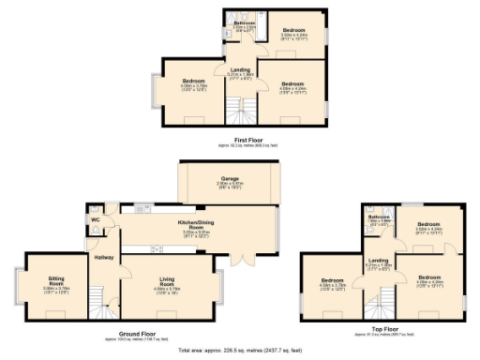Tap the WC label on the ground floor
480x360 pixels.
pos(97,220)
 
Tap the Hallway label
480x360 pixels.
pos(103,256)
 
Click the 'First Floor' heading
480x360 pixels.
pos(247,140)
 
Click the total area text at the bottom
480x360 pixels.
pos(240,348)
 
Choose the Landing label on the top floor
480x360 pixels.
pos(378,260)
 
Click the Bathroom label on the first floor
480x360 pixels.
pos(245,23)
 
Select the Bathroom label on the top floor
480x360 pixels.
pos(379,217)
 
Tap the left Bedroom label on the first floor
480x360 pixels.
pos(193,82)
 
